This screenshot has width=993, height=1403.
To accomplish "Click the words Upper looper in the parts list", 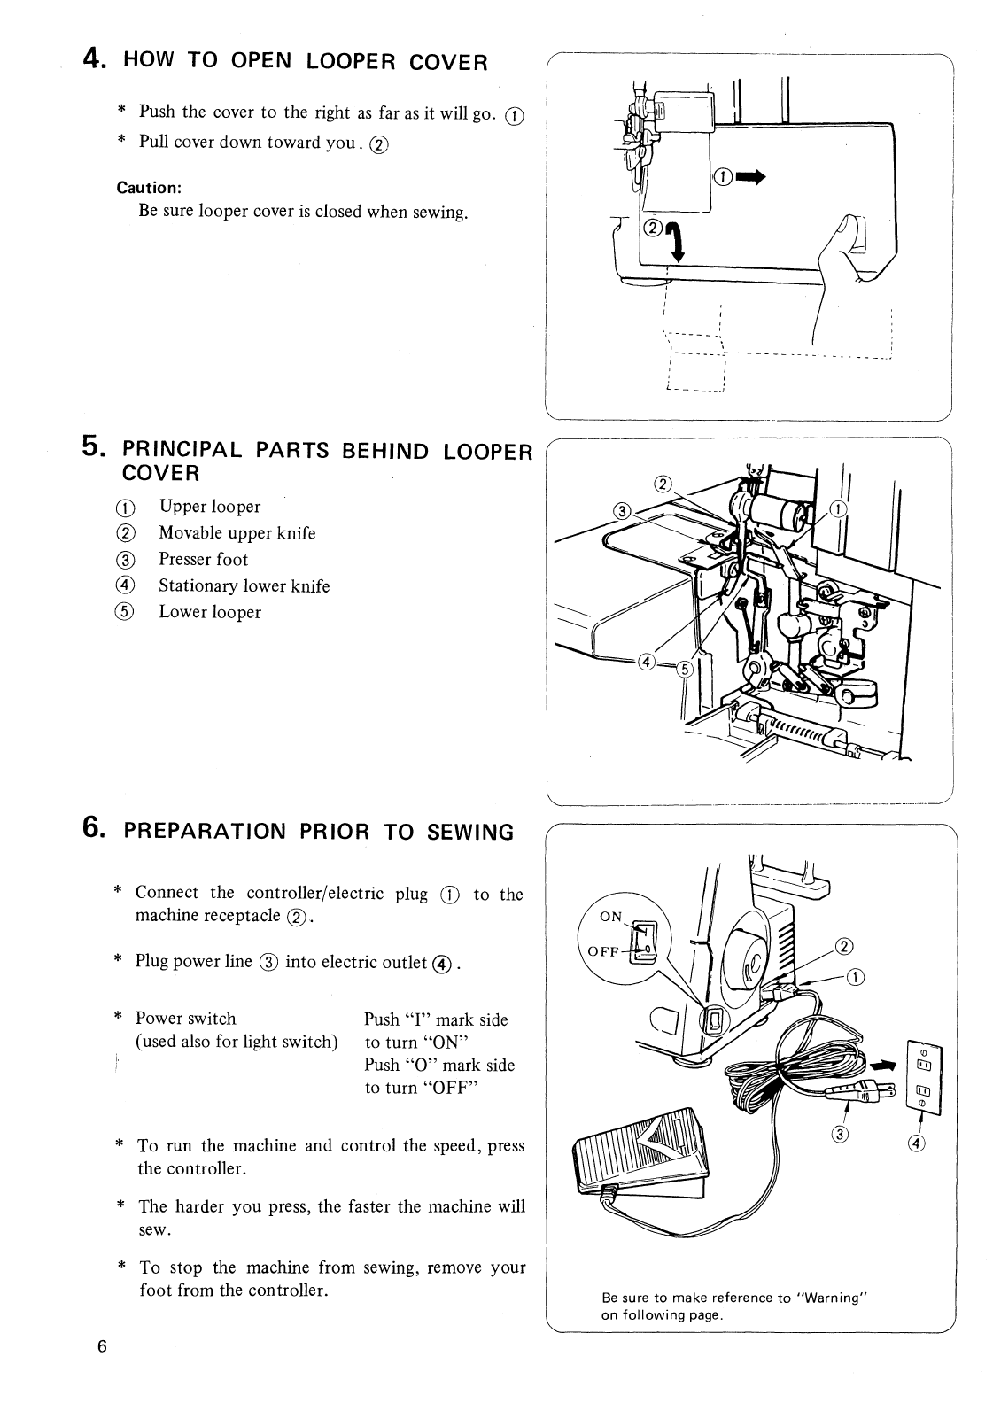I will pyautogui.click(x=210, y=507).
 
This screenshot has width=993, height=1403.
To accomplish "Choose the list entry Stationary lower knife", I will pyautogui.click(x=244, y=585).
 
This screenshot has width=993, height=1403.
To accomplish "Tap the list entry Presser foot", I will pyautogui.click(x=203, y=559).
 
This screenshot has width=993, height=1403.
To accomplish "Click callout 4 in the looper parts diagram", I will pyautogui.click(x=647, y=662).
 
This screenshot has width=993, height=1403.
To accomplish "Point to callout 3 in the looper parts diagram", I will pyautogui.click(x=623, y=511).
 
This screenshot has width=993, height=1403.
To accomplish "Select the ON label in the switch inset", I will pyautogui.click(x=611, y=916).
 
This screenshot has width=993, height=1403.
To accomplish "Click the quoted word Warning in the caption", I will pyautogui.click(x=830, y=1298).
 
